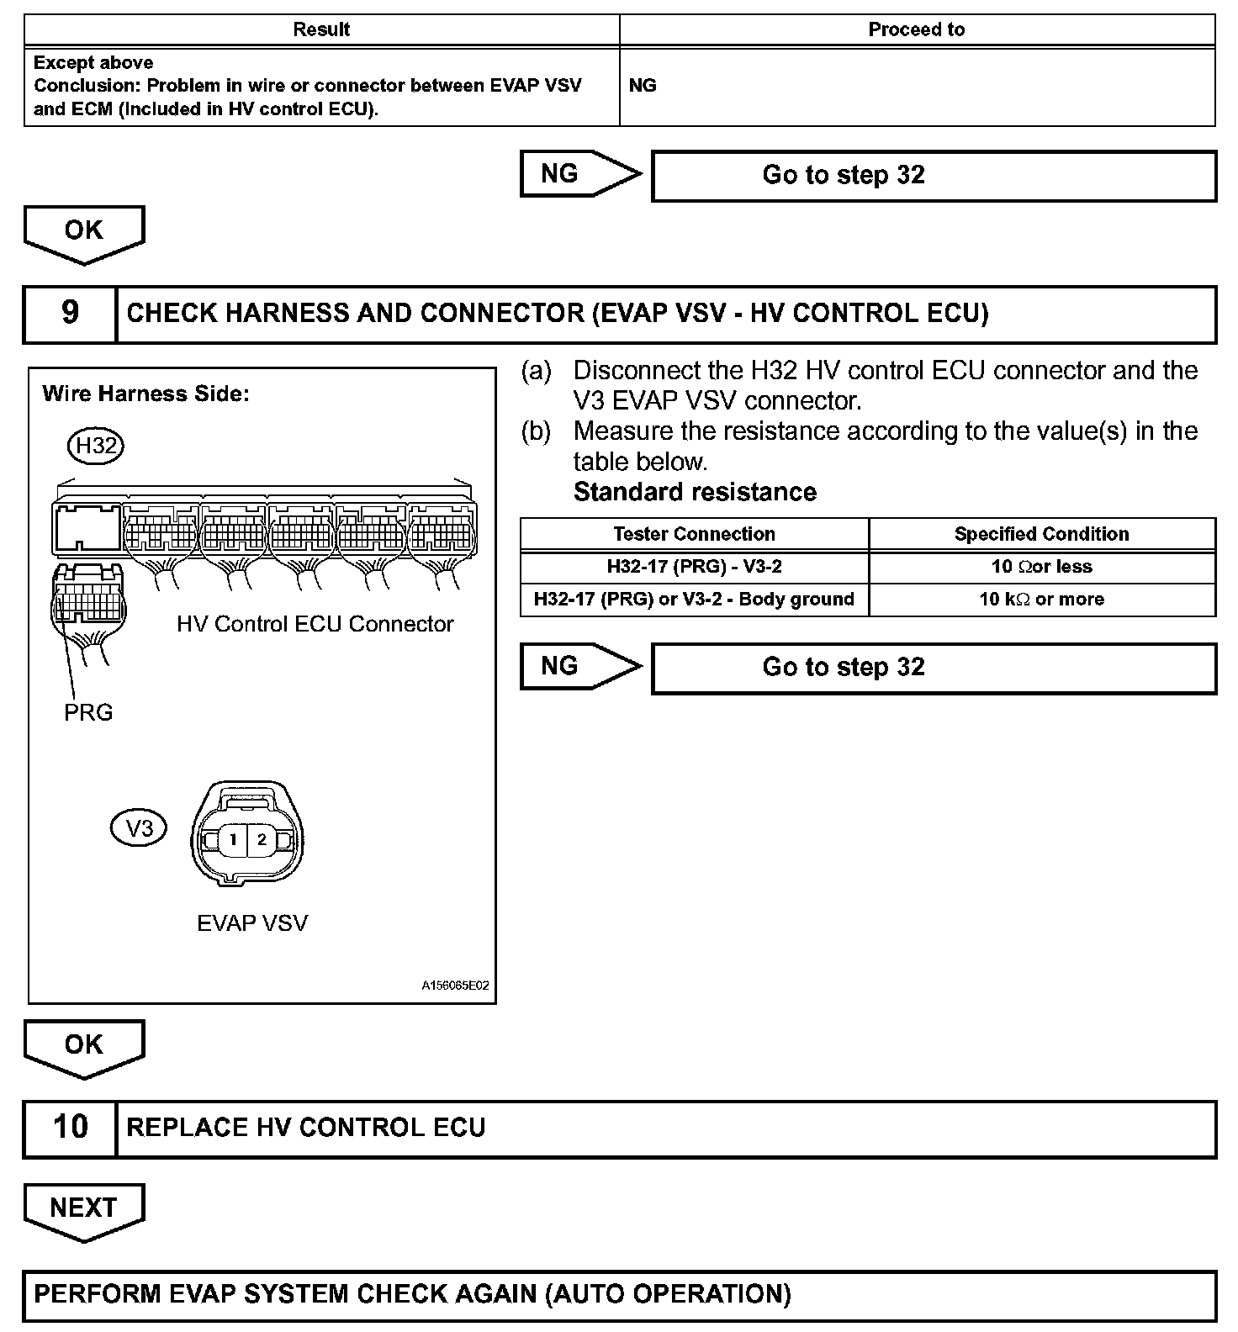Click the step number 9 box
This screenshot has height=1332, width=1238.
(x=70, y=314)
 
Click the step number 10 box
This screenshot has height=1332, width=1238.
(x=70, y=1128)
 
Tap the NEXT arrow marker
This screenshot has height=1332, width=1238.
(x=83, y=1208)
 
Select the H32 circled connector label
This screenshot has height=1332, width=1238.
(x=96, y=446)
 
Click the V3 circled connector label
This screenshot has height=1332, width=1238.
(x=139, y=829)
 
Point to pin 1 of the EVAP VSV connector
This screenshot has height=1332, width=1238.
(x=233, y=839)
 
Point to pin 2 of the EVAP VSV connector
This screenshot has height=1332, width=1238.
(x=262, y=839)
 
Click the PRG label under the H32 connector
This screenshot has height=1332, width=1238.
(x=88, y=712)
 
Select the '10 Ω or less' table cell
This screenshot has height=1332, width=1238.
(x=1041, y=567)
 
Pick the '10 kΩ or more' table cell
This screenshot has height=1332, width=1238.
(x=1041, y=600)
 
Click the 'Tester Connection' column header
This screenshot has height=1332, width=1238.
(x=694, y=534)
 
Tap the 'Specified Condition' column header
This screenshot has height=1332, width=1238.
(x=1041, y=534)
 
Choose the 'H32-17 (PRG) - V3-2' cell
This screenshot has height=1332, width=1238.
(x=694, y=567)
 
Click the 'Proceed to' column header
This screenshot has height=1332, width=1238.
(x=916, y=30)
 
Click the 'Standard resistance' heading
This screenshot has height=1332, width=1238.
(x=695, y=492)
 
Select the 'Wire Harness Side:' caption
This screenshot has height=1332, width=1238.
(x=145, y=394)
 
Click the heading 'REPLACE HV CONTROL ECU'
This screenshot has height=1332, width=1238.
(x=306, y=1128)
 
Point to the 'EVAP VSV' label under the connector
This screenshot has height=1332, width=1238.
(x=252, y=923)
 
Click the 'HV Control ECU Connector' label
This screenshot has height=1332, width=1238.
(x=315, y=624)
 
